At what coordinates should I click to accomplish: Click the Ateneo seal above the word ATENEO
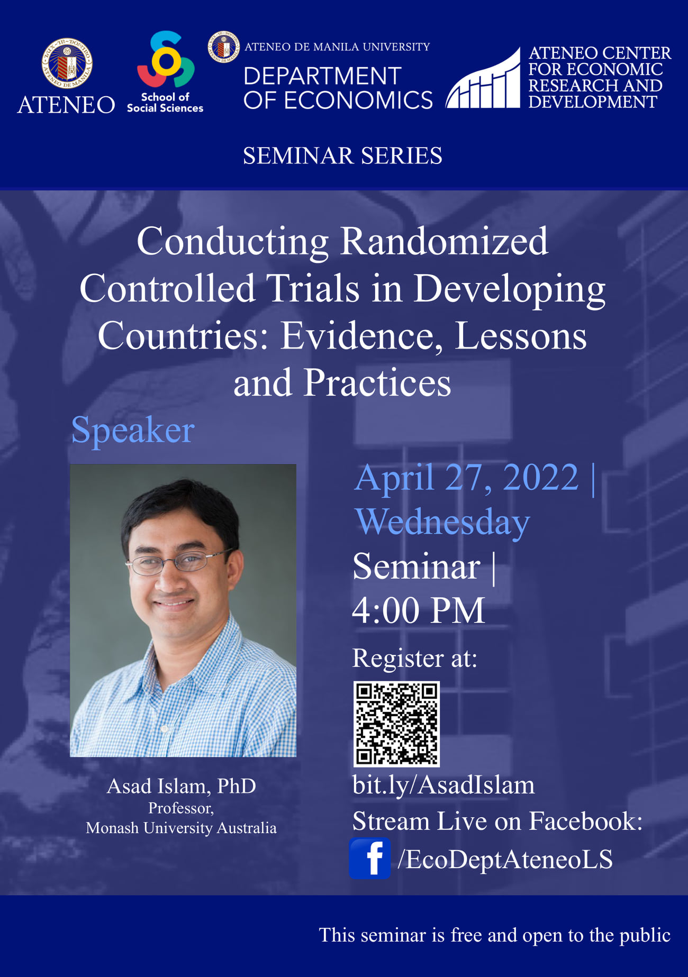click(x=67, y=63)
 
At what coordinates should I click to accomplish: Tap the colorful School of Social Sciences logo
click(x=166, y=59)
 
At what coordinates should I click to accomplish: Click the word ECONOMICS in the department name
click(x=358, y=101)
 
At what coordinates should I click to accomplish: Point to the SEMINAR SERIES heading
click(x=342, y=156)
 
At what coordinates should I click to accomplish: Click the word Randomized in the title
click(x=443, y=241)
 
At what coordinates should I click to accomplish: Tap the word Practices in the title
click(x=377, y=382)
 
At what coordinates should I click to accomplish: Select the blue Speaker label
click(x=133, y=430)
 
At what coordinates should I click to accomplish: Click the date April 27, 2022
click(x=466, y=477)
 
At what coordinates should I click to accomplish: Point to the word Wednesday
click(x=442, y=522)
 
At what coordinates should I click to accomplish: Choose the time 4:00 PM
click(x=418, y=610)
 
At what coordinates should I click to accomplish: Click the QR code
click(x=396, y=724)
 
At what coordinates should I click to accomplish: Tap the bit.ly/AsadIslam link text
click(x=443, y=784)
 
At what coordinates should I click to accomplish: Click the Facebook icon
click(x=370, y=858)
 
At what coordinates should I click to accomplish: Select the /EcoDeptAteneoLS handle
click(x=505, y=859)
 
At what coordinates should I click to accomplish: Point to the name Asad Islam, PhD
click(x=181, y=786)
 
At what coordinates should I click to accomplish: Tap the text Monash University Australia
click(x=181, y=828)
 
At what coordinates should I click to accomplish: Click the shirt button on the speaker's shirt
click(x=165, y=728)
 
